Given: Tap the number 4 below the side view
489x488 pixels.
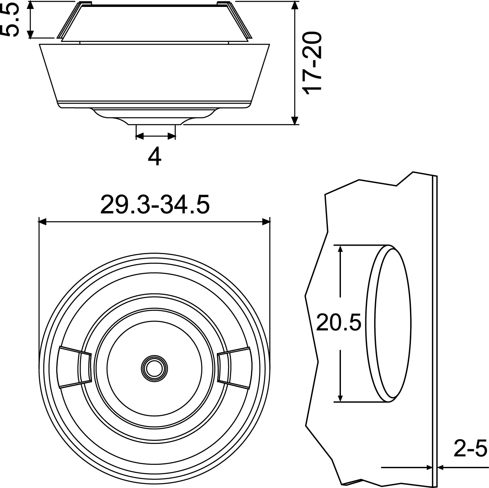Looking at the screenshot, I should coord(155,157).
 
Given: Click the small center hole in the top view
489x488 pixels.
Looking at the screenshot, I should coord(154,368).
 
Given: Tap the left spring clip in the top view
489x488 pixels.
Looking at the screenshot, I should coord(74,367).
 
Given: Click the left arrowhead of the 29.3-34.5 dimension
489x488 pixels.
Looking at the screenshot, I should coord(42,222).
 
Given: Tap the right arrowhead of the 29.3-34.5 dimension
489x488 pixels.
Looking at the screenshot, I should coord(266,222).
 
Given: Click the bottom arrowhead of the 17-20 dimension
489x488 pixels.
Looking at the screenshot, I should coord(295,120).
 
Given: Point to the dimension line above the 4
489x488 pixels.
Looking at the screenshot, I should coord(155,137).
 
